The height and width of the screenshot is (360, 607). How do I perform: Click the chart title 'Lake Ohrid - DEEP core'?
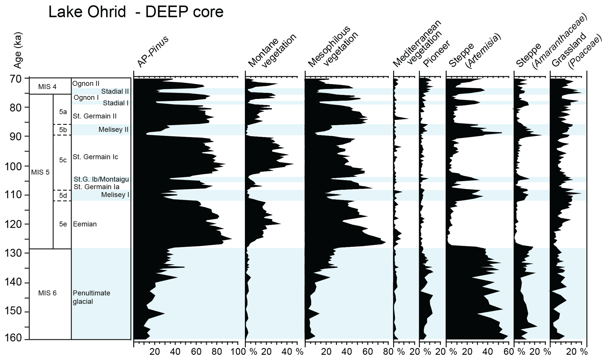pyautogui.click(x=136, y=12)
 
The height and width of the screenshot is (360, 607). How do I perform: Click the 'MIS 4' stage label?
pyautogui.click(x=47, y=87)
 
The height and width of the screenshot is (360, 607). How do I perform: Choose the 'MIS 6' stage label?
pyautogui.click(x=47, y=293)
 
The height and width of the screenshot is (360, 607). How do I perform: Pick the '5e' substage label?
pyautogui.click(x=63, y=224)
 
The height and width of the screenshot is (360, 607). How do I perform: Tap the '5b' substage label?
pyautogui.click(x=63, y=130)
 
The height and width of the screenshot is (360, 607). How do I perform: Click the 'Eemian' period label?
pyautogui.click(x=85, y=224)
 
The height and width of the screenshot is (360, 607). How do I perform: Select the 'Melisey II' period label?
pyautogui.click(x=113, y=130)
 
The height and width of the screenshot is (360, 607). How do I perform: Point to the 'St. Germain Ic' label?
pyautogui.click(x=95, y=157)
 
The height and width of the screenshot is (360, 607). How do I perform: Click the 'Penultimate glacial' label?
pyautogui.click(x=91, y=297)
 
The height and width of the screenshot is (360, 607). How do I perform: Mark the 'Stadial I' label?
pyautogui.click(x=116, y=103)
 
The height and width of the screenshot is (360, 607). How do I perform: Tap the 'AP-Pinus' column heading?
pyautogui.click(x=153, y=52)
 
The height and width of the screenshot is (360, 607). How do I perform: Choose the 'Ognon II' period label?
pyautogui.click(x=86, y=84)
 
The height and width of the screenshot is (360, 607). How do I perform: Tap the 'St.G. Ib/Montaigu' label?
pyautogui.click(x=101, y=179)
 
